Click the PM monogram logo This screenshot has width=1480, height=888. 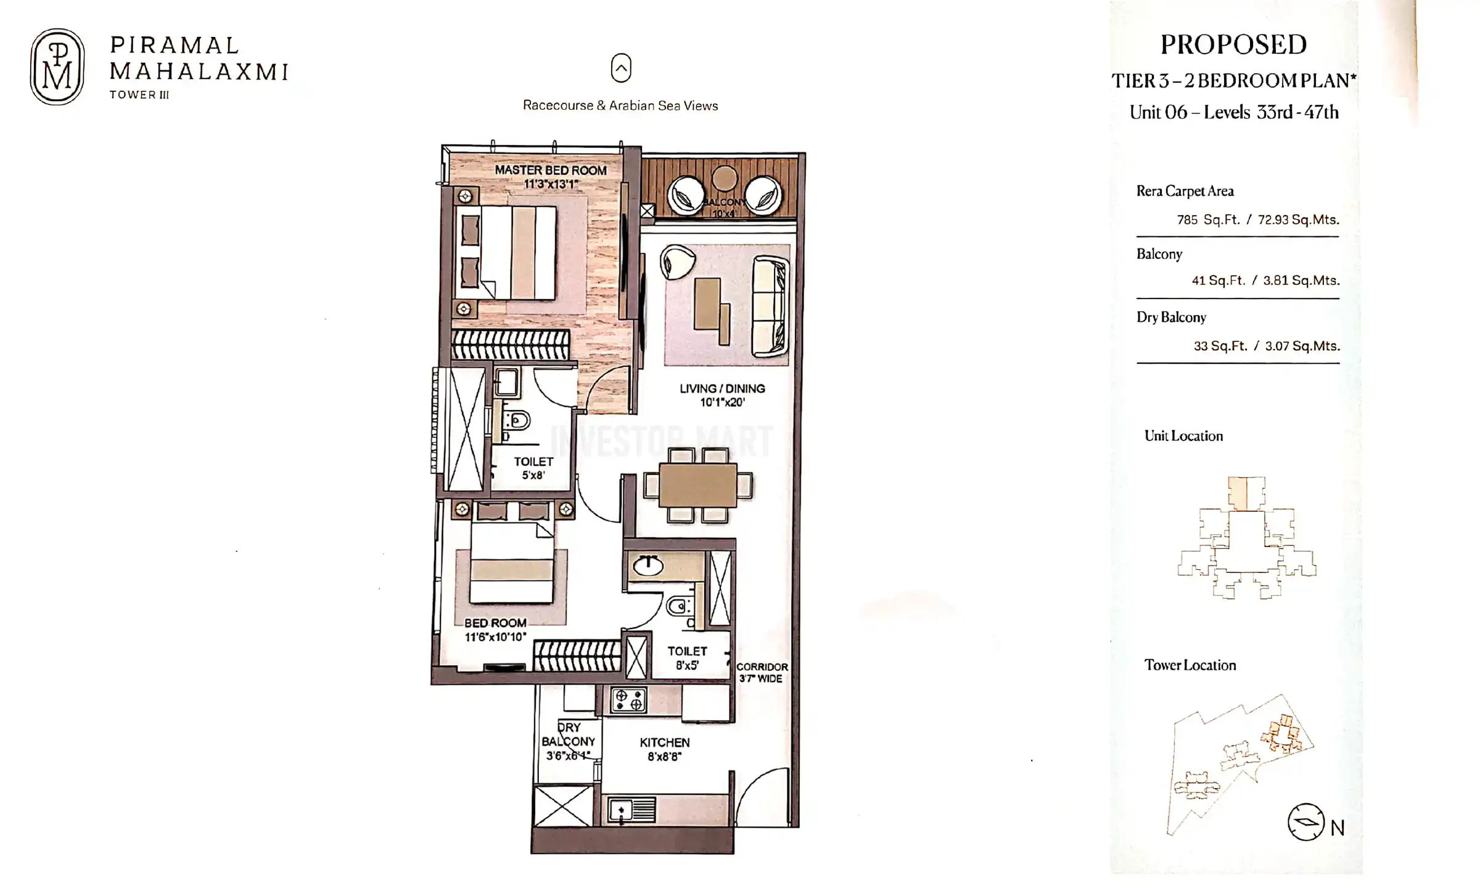coord(57,67)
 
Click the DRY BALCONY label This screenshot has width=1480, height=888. coord(568,741)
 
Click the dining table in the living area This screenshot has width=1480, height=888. coord(697,485)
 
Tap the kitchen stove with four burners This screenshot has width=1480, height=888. coord(628,700)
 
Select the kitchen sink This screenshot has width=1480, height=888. coord(632,810)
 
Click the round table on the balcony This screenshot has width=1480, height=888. coord(724,179)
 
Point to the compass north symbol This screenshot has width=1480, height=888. coord(1306,822)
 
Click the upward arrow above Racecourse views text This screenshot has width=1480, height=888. coord(621,68)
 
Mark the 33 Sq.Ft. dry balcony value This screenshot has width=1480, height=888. coord(1220,346)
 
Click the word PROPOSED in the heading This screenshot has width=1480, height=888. coord(1233,45)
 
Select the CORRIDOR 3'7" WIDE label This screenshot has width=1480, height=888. coord(762,673)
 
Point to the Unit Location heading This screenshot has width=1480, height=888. coord(1183,436)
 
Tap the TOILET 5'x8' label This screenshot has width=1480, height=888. coord(533,468)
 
